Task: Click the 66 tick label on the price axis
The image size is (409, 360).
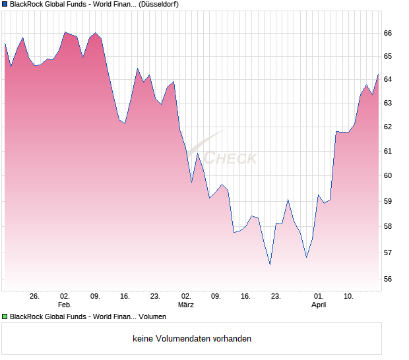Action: [388, 33]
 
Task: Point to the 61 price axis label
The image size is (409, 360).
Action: [388, 151]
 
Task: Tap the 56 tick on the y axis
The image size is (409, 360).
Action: [388, 279]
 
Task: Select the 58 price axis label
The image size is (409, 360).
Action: [388, 226]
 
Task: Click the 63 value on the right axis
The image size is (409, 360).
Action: [388, 103]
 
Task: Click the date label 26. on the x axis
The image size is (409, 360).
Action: [35, 297]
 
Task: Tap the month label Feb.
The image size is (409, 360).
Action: [65, 305]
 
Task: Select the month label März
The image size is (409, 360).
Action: [186, 305]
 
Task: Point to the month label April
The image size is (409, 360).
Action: [319, 305]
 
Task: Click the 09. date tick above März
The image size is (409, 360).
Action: [216, 297]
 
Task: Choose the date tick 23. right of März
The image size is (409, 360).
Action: [276, 297]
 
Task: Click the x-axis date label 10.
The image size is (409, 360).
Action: [349, 297]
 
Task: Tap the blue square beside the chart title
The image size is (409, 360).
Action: [5, 4]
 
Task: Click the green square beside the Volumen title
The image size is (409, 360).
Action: [5, 317]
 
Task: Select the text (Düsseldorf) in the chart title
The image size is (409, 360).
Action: [158, 4]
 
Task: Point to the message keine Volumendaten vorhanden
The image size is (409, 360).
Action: [192, 339]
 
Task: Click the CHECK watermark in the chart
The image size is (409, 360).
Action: [230, 158]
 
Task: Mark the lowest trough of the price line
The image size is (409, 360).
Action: [270, 264]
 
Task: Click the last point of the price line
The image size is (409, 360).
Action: [378, 75]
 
